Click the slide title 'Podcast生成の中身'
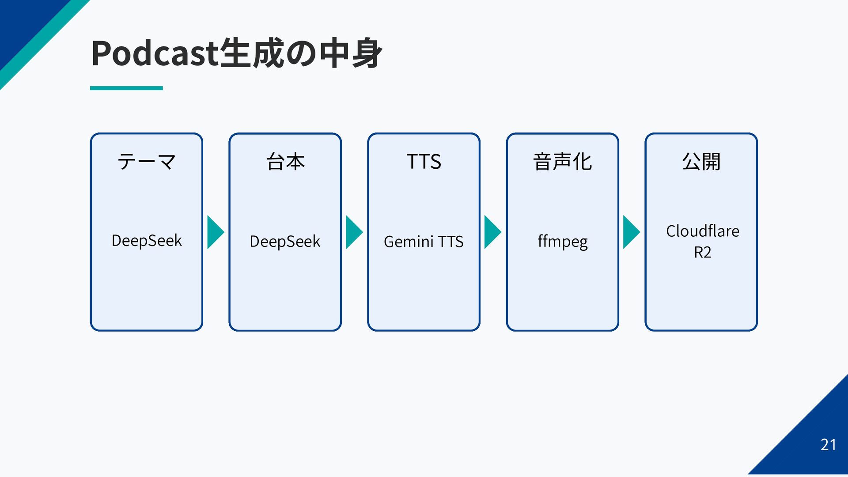(236, 53)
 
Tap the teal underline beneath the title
(126, 88)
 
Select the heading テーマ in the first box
(147, 162)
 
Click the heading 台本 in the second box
(285, 162)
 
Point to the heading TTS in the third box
(424, 162)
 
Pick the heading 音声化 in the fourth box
(562, 162)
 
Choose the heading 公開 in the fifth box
(701, 162)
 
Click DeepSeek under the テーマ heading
(147, 241)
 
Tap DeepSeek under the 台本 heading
(285, 242)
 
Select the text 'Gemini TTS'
(424, 242)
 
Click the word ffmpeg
(563, 242)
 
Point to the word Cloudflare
(703, 231)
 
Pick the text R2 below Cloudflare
(703, 252)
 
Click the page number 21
(828, 445)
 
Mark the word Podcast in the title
(155, 53)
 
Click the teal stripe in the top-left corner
(44, 44)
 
